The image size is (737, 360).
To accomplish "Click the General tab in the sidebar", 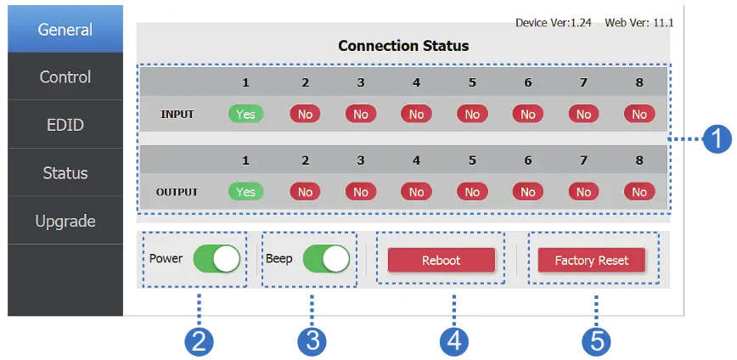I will coord(65,30).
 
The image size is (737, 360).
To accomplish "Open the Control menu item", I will coord(65,77).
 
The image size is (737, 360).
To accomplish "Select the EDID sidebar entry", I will coord(65,126).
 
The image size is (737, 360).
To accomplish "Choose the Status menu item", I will coord(65,173).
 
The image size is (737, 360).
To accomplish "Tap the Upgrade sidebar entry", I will coord(65,222).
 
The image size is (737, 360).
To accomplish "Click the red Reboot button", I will coord(441,260).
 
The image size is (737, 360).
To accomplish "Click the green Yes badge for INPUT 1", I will coord(245,114).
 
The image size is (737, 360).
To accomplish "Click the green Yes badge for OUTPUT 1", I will coord(245,192).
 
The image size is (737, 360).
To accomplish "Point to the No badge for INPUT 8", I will coord(639,114).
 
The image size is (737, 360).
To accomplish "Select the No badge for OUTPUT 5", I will coord(471,192).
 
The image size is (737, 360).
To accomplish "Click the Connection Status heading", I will coord(403,45).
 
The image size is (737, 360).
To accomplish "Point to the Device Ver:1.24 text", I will coord(554,22).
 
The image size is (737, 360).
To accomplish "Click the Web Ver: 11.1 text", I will coord(639,22).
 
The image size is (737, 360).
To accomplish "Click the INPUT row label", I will coord(177,114).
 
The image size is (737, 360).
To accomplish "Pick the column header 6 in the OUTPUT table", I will coord(527,160).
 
